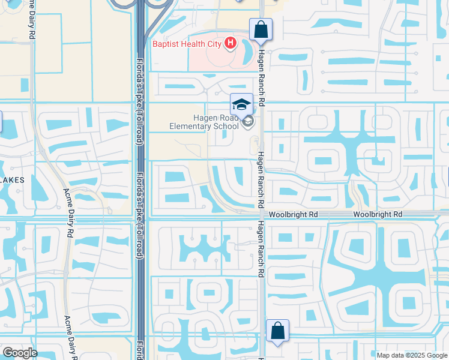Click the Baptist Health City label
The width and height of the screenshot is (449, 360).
[x=186, y=43]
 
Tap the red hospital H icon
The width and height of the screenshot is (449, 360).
[x=229, y=43]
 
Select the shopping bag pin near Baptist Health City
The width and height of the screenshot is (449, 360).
[x=261, y=29]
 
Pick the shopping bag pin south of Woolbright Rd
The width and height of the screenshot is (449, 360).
[x=277, y=331]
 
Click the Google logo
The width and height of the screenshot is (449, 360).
[x=19, y=353]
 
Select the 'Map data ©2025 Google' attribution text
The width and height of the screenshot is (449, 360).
[x=411, y=355]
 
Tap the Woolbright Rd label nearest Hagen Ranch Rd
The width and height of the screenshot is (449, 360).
[x=292, y=214]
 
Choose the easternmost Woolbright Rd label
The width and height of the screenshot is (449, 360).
[x=377, y=214]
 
